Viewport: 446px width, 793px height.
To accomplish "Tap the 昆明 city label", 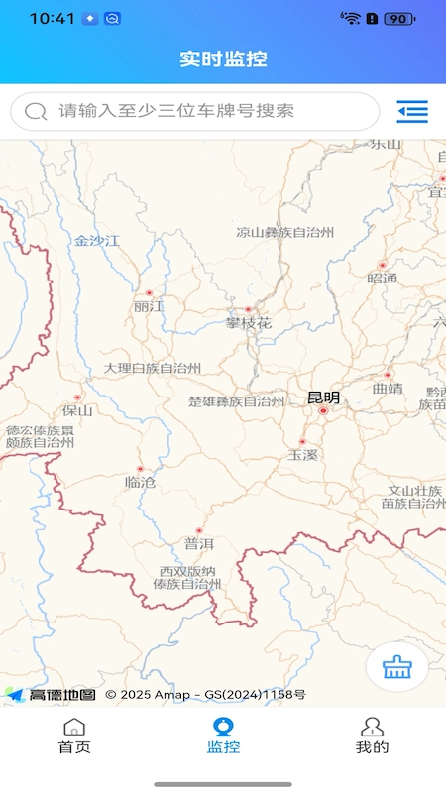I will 323,397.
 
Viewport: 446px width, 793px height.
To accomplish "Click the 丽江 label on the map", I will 149,307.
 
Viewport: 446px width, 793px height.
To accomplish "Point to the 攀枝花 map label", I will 248,323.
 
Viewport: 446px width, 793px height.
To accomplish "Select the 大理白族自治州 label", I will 153,368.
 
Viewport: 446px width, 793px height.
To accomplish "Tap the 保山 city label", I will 77,410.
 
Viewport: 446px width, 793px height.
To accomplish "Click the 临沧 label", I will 140,482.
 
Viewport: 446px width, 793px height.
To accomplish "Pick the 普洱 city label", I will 199,543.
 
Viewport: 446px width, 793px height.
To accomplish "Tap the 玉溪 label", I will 302,455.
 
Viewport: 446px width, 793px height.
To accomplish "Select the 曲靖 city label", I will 388,388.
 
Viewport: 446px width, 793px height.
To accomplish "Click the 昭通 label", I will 383,278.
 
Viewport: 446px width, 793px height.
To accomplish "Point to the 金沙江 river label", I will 96,240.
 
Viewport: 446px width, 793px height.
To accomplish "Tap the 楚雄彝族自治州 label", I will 236,401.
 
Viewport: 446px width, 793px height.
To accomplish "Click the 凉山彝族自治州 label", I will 284,233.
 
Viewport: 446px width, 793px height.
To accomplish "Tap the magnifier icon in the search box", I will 36,111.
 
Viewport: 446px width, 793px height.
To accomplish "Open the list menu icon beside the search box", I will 411,111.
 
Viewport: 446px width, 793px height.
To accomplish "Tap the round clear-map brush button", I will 397,667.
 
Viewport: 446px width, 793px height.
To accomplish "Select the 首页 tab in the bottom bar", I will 74,736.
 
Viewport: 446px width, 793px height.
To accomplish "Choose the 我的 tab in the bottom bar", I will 372,736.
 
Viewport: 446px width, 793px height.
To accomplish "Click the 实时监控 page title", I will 223,58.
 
